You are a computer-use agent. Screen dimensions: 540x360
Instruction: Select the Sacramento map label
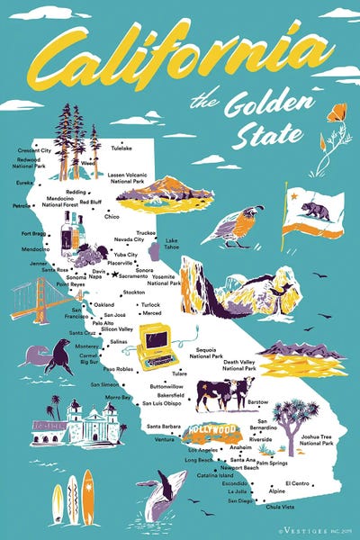(x=134, y=276)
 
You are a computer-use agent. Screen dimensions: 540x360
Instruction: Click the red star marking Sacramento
(x=115, y=274)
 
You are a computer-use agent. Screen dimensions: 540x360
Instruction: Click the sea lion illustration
(x=52, y=359)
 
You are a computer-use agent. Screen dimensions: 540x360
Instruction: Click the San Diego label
(x=239, y=499)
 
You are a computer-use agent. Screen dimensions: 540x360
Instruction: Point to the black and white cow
(x=225, y=392)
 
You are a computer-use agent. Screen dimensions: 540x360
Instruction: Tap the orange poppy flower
(x=337, y=114)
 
